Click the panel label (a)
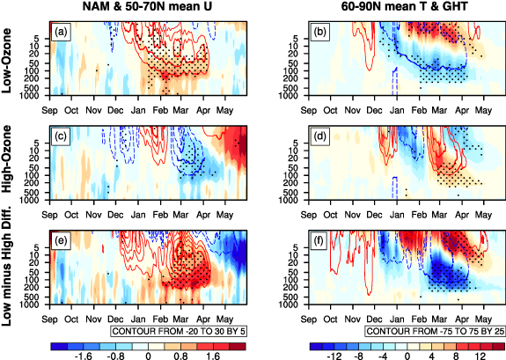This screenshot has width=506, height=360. point(61,33)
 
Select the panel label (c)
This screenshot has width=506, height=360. point(61,136)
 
